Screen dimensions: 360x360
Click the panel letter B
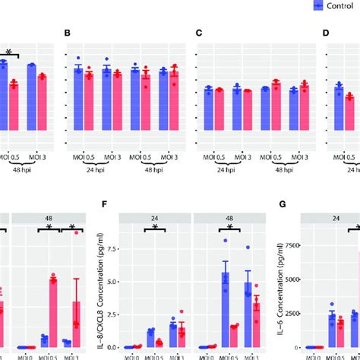click(68, 33)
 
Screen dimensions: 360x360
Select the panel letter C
click(199, 33)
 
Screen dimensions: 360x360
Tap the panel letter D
click(326, 33)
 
